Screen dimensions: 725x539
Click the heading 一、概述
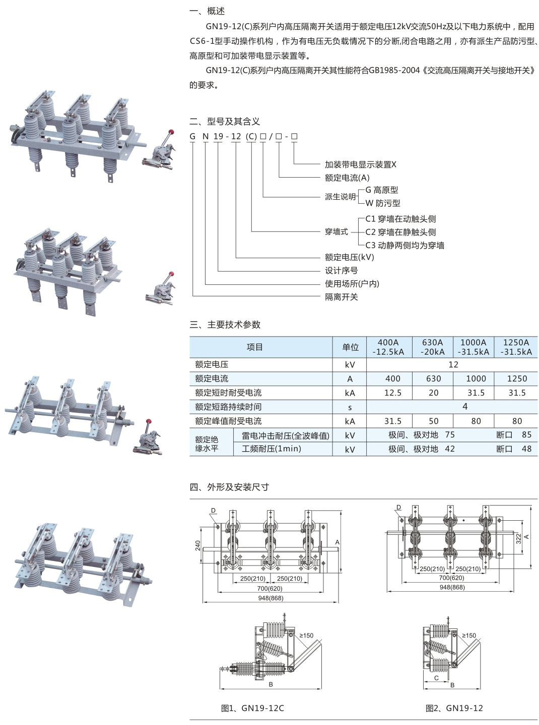click(207, 11)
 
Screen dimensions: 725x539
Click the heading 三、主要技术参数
click(225, 325)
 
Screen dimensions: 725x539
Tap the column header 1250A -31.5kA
click(516, 347)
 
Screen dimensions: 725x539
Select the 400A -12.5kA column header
click(388, 347)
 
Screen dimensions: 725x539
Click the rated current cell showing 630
click(433, 379)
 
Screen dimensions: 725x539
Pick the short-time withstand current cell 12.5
click(392, 393)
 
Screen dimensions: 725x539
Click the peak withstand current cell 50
click(433, 421)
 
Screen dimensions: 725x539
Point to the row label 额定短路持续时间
click(228, 407)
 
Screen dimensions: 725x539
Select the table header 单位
click(350, 347)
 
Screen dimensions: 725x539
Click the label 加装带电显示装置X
click(360, 165)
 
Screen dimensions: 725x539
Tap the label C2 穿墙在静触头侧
click(400, 232)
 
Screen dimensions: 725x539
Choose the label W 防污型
click(383, 203)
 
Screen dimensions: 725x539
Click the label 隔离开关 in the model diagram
click(341, 297)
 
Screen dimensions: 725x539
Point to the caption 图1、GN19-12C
click(252, 708)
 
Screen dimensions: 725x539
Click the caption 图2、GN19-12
click(454, 708)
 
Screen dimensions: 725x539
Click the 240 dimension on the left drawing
click(198, 545)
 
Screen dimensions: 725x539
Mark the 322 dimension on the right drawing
click(518, 538)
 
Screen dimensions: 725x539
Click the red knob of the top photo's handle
click(172, 132)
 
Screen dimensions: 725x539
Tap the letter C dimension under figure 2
click(436, 678)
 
